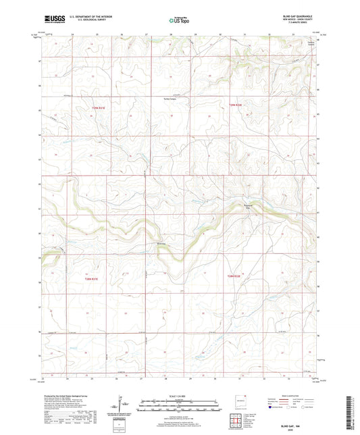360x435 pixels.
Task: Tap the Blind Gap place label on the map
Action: tap(161, 244)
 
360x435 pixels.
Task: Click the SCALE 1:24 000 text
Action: tap(179, 395)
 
